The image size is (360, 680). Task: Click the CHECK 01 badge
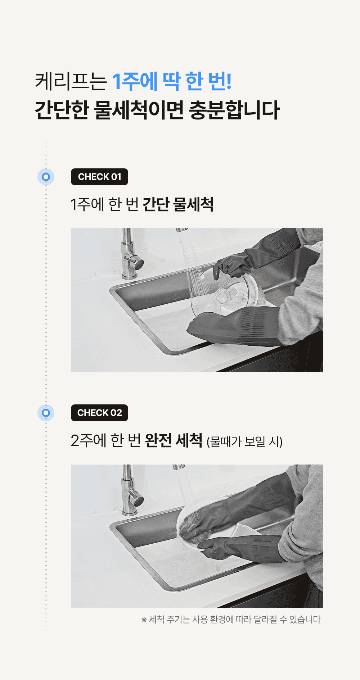click(99, 177)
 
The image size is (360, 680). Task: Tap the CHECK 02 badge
click(99, 413)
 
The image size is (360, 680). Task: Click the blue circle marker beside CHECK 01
click(46, 177)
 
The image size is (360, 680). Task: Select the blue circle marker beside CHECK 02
click(46, 413)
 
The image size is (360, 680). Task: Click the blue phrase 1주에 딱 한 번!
click(172, 81)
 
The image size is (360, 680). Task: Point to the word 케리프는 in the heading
click(71, 81)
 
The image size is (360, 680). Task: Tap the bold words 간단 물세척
click(178, 204)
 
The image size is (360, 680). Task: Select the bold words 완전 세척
click(174, 440)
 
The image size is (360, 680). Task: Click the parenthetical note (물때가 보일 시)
click(244, 441)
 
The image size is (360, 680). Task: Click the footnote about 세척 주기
click(231, 620)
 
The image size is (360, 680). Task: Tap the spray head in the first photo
click(182, 230)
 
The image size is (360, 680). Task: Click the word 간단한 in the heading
click(62, 110)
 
